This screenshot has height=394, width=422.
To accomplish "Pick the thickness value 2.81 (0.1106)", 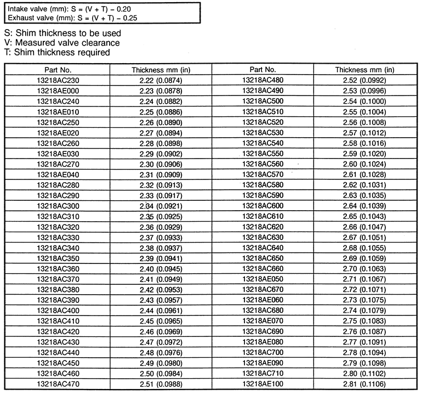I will tap(364, 383).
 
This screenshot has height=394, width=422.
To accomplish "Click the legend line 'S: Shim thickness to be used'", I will tap(62, 33).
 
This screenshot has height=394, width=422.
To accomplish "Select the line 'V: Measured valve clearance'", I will tap(61, 43).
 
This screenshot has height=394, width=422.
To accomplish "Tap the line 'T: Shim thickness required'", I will tap(57, 52).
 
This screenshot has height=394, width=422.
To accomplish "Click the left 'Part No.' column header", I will tap(57, 70).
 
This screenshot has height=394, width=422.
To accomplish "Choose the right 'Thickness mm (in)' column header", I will tap(364, 70).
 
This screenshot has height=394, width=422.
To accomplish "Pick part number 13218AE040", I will tap(57, 174).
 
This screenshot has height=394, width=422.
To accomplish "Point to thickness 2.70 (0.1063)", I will tap(364, 268).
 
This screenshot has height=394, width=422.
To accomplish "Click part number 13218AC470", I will tap(57, 383).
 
